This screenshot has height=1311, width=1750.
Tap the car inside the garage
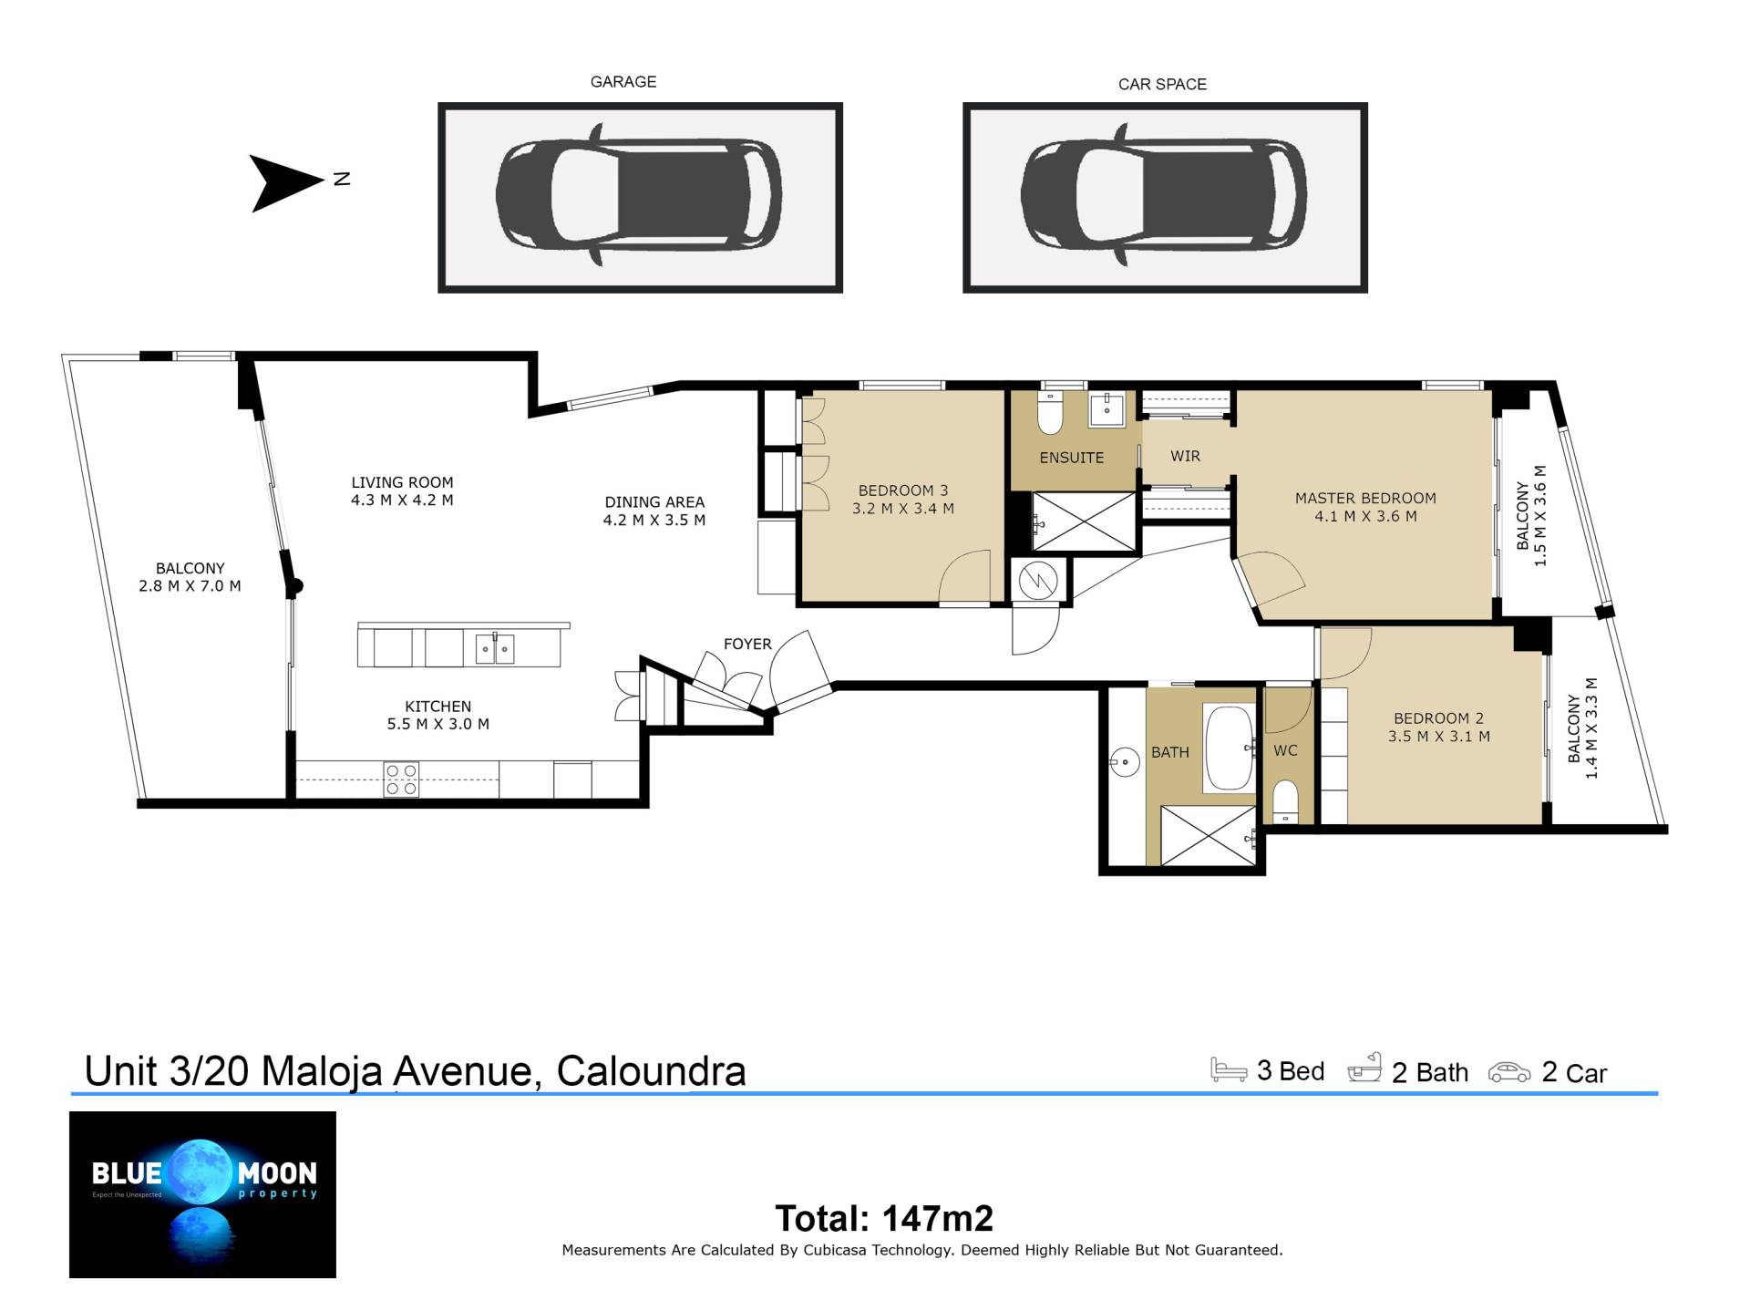pyautogui.click(x=639, y=195)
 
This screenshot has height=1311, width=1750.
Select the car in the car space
pyautogui.click(x=1164, y=195)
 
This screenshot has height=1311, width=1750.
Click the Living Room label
pyautogui.click(x=402, y=482)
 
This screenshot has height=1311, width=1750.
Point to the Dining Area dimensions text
pyautogui.click(x=654, y=521)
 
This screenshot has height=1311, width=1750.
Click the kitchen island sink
pyautogui.click(x=495, y=648)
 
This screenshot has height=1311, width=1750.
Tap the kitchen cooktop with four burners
pyautogui.click(x=401, y=780)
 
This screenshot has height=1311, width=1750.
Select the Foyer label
pyautogui.click(x=747, y=644)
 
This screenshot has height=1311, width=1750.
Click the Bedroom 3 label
pyautogui.click(x=903, y=490)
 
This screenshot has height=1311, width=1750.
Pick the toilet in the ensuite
pyautogui.click(x=1051, y=412)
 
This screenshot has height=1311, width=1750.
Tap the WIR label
pyautogui.click(x=1185, y=456)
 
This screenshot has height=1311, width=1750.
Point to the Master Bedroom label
pyautogui.click(x=1365, y=498)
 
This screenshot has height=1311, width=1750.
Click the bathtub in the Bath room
pyautogui.click(x=1230, y=748)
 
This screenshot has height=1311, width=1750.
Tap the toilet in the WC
pyautogui.click(x=1285, y=800)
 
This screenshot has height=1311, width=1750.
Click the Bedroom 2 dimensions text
pyautogui.click(x=1439, y=737)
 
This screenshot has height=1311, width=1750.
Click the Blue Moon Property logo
pyautogui.click(x=202, y=1194)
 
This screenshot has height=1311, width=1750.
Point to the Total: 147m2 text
pyautogui.click(x=884, y=1218)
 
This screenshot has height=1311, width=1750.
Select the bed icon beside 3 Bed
pyautogui.click(x=1228, y=1069)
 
